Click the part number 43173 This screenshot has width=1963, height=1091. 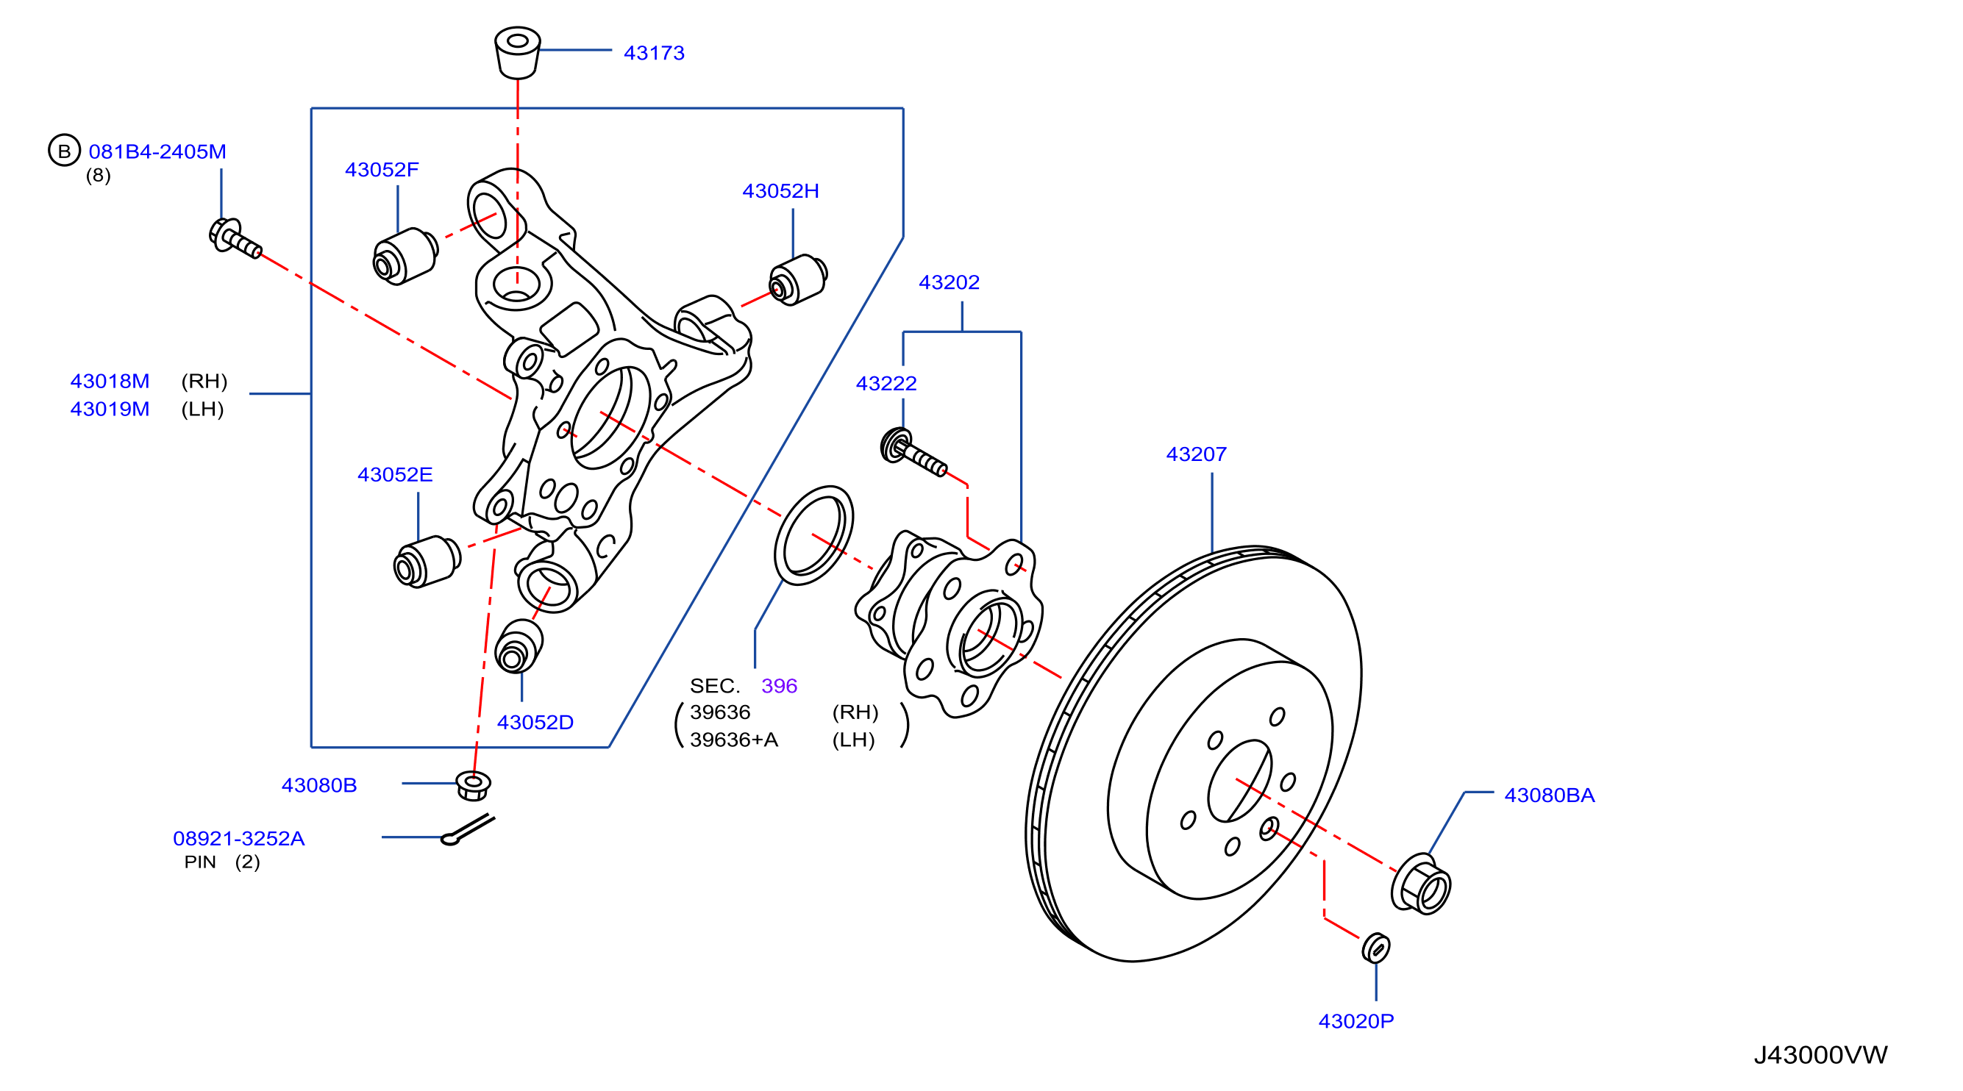[654, 54]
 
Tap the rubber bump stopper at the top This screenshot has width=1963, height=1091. [518, 53]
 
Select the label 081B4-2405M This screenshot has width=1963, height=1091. [157, 151]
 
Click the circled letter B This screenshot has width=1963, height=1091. [64, 151]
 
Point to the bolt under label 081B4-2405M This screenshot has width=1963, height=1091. [235, 237]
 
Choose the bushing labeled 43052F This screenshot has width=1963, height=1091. [405, 256]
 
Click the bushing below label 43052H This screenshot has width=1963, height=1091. [798, 280]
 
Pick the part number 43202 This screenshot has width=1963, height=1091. [949, 282]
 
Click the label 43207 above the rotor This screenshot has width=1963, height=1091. [1197, 454]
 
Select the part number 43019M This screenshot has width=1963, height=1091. [110, 409]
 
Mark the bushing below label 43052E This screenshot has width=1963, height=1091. [427, 562]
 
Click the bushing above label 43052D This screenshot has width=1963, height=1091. [519, 646]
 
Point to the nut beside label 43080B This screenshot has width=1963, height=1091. [473, 784]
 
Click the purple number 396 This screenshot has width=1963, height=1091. [779, 687]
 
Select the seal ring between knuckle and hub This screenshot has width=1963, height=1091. [813, 536]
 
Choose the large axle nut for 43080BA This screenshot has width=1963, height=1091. [1420, 884]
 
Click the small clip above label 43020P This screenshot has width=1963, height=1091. [1375, 948]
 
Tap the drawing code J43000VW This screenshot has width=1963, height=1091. [1820, 1055]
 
